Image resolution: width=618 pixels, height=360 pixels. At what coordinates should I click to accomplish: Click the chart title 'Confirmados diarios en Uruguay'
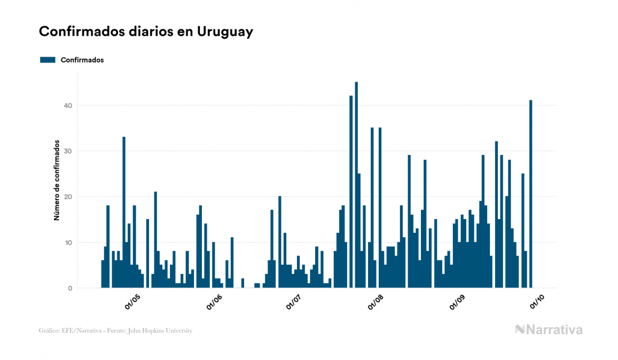coord(146,32)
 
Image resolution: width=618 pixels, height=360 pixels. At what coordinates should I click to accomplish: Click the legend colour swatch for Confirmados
coord(48,60)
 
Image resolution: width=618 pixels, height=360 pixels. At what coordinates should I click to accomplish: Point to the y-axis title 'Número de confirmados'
coord(56,181)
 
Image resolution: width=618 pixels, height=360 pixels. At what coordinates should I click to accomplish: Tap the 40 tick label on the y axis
coord(67,105)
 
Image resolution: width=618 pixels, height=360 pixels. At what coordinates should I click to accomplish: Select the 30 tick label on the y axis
coord(67,151)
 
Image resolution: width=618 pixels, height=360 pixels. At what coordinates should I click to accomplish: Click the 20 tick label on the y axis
coord(67,197)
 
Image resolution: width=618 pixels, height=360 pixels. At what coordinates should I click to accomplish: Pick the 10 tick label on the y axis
coord(68,242)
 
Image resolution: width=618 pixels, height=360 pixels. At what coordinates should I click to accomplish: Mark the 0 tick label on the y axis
coord(69,288)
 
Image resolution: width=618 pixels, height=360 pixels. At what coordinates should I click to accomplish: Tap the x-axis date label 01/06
coord(214,302)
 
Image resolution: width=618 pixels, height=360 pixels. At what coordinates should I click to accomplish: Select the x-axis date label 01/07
coord(294,302)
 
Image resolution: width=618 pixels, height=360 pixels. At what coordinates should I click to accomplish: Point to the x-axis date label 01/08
coord(376,302)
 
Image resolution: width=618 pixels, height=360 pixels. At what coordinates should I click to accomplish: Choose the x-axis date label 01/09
coord(457,302)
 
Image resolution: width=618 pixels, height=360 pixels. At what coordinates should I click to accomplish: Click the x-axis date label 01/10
coord(537,302)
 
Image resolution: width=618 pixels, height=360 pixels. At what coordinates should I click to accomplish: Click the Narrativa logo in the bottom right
coord(549,330)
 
